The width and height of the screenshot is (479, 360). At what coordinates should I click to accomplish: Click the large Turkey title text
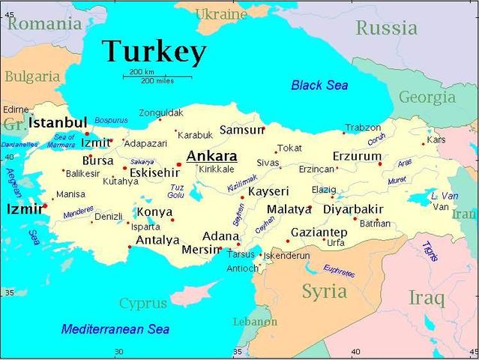[x=154, y=52]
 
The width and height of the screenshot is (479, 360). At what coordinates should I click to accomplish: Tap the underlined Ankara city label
[x=211, y=156]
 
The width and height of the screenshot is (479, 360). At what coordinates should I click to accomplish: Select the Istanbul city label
[x=58, y=122]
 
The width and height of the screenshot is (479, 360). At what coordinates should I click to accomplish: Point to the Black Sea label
[x=319, y=85]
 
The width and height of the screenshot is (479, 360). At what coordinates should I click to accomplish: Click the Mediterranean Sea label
[x=115, y=328]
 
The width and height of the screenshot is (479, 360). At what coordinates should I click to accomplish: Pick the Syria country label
[x=324, y=291]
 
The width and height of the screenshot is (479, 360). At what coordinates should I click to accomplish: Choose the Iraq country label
[x=426, y=298]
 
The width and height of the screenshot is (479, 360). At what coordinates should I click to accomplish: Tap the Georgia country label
[x=427, y=97]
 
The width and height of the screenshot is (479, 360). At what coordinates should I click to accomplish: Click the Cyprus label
[x=143, y=303]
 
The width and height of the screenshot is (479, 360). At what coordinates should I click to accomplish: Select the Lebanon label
[x=255, y=322]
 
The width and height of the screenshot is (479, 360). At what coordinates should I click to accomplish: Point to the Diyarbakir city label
[x=353, y=209]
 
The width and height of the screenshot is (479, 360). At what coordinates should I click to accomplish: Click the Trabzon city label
[x=363, y=127]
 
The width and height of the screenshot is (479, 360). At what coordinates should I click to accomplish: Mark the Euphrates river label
[x=340, y=271]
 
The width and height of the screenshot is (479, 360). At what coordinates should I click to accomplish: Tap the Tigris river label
[x=430, y=250]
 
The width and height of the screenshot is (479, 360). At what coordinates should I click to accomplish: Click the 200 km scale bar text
[x=142, y=71]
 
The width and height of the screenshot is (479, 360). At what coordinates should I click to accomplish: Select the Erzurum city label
[x=357, y=156]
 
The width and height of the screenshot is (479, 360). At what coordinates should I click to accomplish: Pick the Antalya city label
[x=157, y=241]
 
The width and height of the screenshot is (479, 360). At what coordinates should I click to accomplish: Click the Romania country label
[x=43, y=24]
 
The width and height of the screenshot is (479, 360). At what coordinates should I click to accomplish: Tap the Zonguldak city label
[x=160, y=112]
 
